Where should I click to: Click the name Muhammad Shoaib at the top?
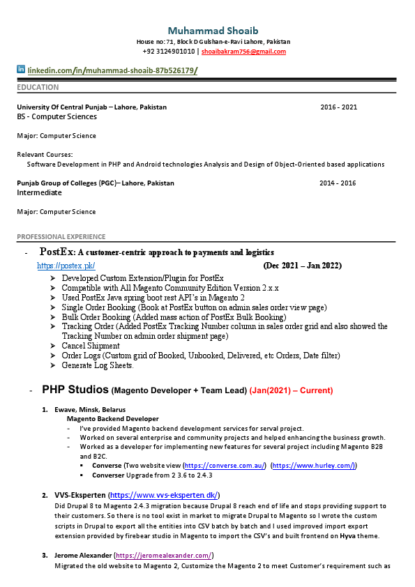coord(213,31)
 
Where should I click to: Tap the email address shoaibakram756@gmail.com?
coord(243,52)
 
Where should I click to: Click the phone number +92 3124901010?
coord(169,52)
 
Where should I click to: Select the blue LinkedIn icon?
coord(21,70)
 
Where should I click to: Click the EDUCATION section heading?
coord(38,88)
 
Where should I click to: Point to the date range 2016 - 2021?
coord(338,107)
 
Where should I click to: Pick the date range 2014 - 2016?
coord(338,183)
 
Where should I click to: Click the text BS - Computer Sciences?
coord(57,117)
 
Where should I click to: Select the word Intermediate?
coord(39,192)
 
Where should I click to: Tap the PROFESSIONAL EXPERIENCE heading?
coord(61,237)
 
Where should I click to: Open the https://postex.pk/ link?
coord(66,266)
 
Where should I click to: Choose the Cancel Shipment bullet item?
coord(91,346)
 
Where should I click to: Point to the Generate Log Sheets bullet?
coord(98,365)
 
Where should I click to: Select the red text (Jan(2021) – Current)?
coord(291,390)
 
